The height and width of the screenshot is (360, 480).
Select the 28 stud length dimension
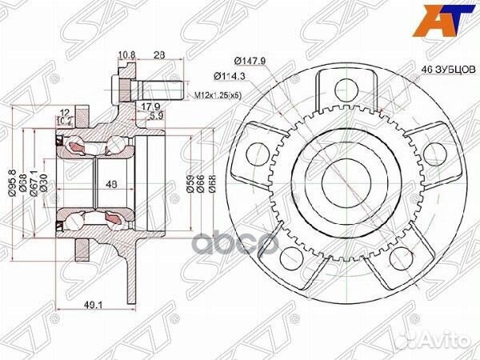158,55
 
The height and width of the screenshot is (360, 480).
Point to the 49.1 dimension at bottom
97,302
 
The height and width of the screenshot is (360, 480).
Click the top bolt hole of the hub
345,88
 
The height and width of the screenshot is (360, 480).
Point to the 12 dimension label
62,112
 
